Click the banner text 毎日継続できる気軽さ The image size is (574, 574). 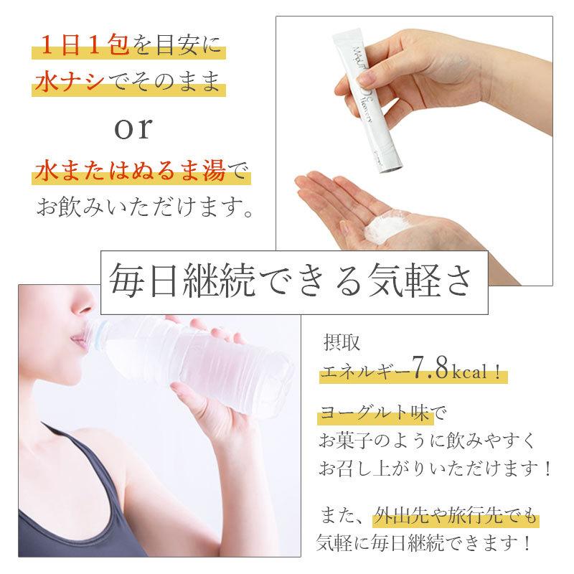[293, 282]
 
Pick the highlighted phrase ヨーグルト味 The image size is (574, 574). [367, 414]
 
